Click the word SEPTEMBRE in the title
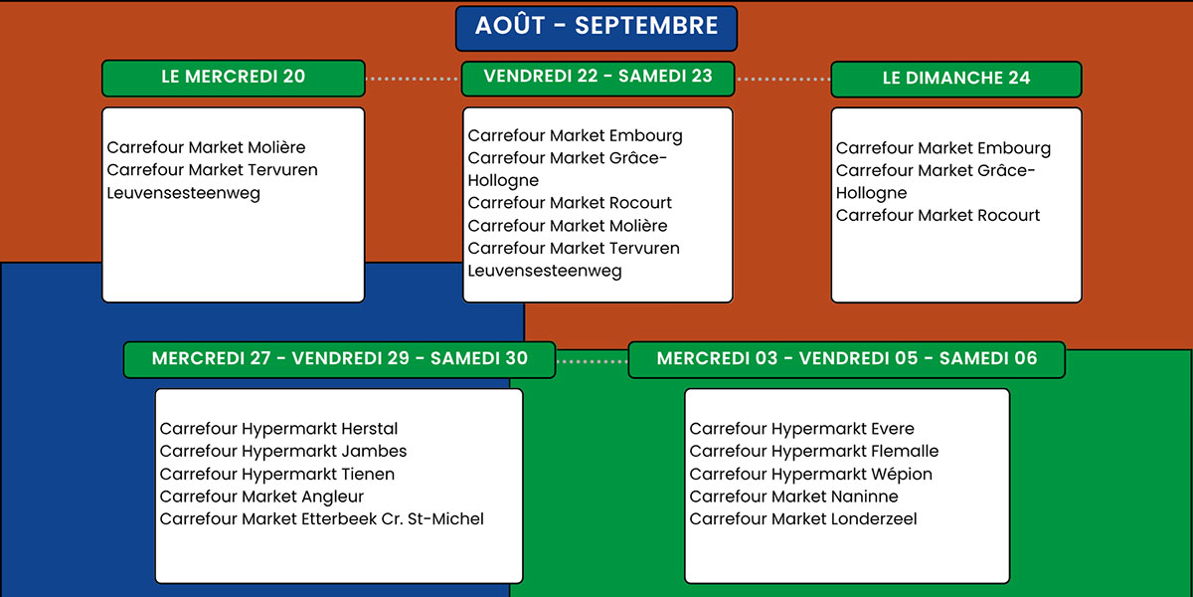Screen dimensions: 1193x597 coord(646,26)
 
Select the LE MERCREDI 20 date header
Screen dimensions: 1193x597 coord(234,78)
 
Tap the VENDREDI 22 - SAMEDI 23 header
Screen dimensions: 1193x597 coord(597,79)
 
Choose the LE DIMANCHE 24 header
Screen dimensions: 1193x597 coord(956,79)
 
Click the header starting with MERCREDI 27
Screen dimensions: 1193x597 coord(339,360)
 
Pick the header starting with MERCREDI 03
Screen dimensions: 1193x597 coord(847,360)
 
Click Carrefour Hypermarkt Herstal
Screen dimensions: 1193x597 coord(278,429)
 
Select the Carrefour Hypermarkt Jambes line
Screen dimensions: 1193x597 coord(282,451)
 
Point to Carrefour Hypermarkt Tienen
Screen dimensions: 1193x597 coord(277,474)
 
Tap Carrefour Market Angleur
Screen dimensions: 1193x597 coord(261,497)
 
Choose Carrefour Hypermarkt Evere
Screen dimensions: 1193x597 coord(801,429)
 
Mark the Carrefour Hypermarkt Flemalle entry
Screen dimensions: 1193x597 coord(814,451)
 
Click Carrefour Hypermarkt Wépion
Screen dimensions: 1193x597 coord(810,474)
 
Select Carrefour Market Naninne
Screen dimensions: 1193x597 coord(793,497)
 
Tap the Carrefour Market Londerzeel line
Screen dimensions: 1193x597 coord(803,518)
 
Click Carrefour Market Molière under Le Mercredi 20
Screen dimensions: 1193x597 coord(206,147)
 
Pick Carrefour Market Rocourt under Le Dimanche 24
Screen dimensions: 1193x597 coord(937,215)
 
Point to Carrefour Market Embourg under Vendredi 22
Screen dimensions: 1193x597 coord(575,136)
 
